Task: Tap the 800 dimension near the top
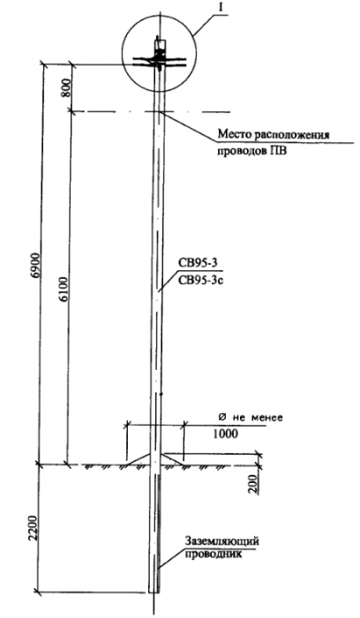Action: click(66, 88)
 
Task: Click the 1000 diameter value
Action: click(225, 434)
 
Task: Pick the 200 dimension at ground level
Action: click(255, 486)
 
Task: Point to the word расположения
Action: click(291, 136)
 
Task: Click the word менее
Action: click(268, 418)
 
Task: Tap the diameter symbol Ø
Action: click(221, 417)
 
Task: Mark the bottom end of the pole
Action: click(154, 592)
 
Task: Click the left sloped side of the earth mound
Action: click(139, 459)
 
